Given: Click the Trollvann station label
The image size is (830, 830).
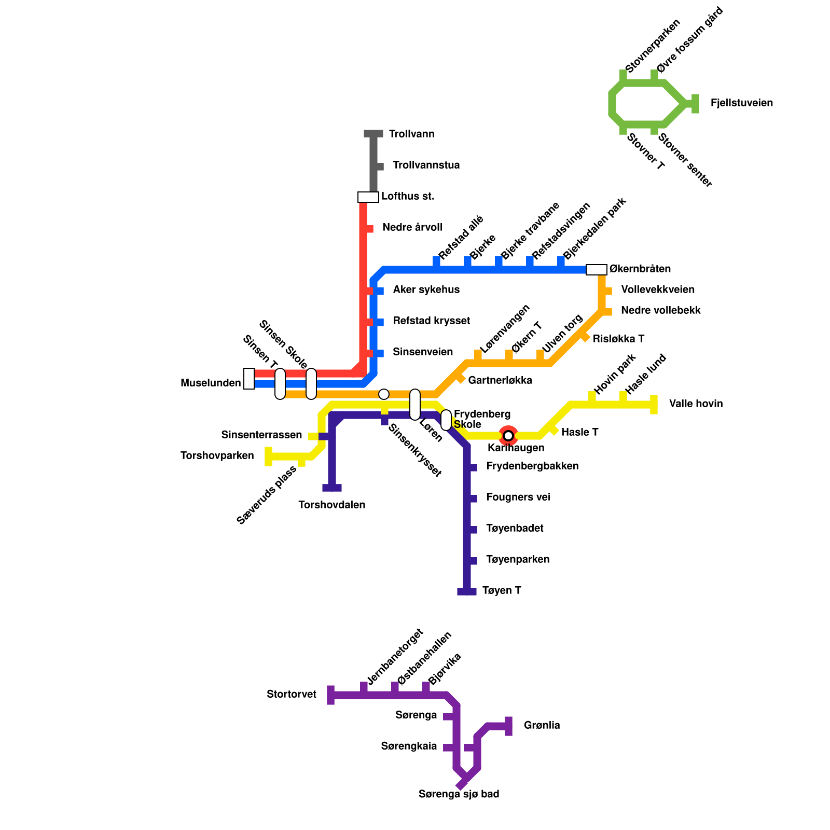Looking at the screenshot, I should click(x=411, y=134).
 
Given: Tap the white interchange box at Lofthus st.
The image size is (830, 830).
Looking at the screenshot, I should click(x=368, y=197).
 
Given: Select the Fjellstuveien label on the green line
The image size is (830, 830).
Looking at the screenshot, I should click(x=741, y=103).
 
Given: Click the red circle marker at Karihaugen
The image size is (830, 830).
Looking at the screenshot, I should click(x=508, y=435).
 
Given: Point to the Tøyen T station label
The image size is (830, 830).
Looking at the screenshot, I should click(x=501, y=591).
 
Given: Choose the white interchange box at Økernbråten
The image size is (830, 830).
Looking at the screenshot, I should click(x=596, y=270).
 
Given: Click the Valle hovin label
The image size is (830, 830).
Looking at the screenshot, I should click(x=696, y=404).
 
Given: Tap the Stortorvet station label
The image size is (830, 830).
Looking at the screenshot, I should click(x=292, y=695).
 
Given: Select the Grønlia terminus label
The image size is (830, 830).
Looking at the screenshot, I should click(x=542, y=726).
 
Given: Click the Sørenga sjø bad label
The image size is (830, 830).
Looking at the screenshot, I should click(x=459, y=794).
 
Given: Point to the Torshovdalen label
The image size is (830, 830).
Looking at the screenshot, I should click(x=332, y=505).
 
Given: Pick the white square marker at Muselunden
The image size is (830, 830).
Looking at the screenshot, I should click(x=249, y=379).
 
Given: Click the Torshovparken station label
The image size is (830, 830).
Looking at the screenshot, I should click(x=217, y=456).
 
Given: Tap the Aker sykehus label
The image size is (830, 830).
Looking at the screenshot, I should click(x=426, y=290).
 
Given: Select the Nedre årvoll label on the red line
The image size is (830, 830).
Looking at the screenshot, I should click(x=412, y=228).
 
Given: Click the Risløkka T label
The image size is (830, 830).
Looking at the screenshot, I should click(x=618, y=339).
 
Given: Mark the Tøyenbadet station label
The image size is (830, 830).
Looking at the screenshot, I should click(x=515, y=529).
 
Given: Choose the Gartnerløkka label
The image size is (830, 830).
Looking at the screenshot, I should click(x=500, y=381).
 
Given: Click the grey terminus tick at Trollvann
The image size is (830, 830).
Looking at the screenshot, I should click(x=374, y=134).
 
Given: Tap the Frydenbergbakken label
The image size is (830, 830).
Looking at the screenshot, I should click(x=532, y=466).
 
